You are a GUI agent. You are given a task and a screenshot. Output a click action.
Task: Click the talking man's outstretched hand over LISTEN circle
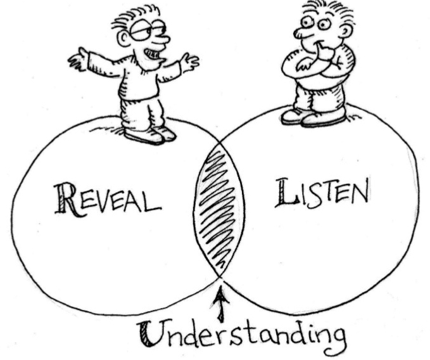click(189, 61)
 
